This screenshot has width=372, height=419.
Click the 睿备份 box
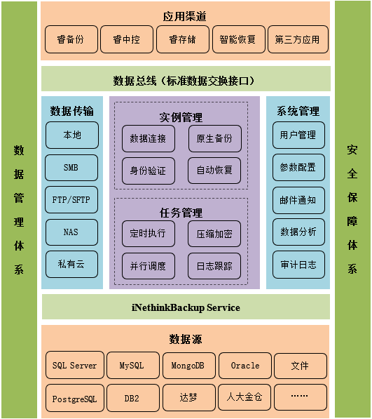coord(71,39)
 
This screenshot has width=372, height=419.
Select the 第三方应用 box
coord(298,39)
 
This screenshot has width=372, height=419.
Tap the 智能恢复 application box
coord(239,39)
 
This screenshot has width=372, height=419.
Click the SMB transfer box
coord(71,168)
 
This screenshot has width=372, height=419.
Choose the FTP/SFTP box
coord(71,199)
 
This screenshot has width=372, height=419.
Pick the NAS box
coord(71,232)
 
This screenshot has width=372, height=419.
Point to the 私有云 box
coord(71,264)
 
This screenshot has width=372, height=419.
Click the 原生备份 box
coord(214,138)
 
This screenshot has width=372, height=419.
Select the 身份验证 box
coord(149,171)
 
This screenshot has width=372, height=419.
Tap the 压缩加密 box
coord(214,234)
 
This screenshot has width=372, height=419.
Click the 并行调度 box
coord(149,266)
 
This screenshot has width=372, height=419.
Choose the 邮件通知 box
coord(298,200)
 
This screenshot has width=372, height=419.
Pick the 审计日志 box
coord(298,265)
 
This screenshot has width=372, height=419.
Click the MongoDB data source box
coord(188,365)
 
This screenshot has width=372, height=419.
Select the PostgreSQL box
coord(75,398)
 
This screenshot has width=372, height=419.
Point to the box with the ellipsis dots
coord(301,397)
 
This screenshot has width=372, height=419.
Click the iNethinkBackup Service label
coord(186,307)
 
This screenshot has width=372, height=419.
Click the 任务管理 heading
coord(181,213)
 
